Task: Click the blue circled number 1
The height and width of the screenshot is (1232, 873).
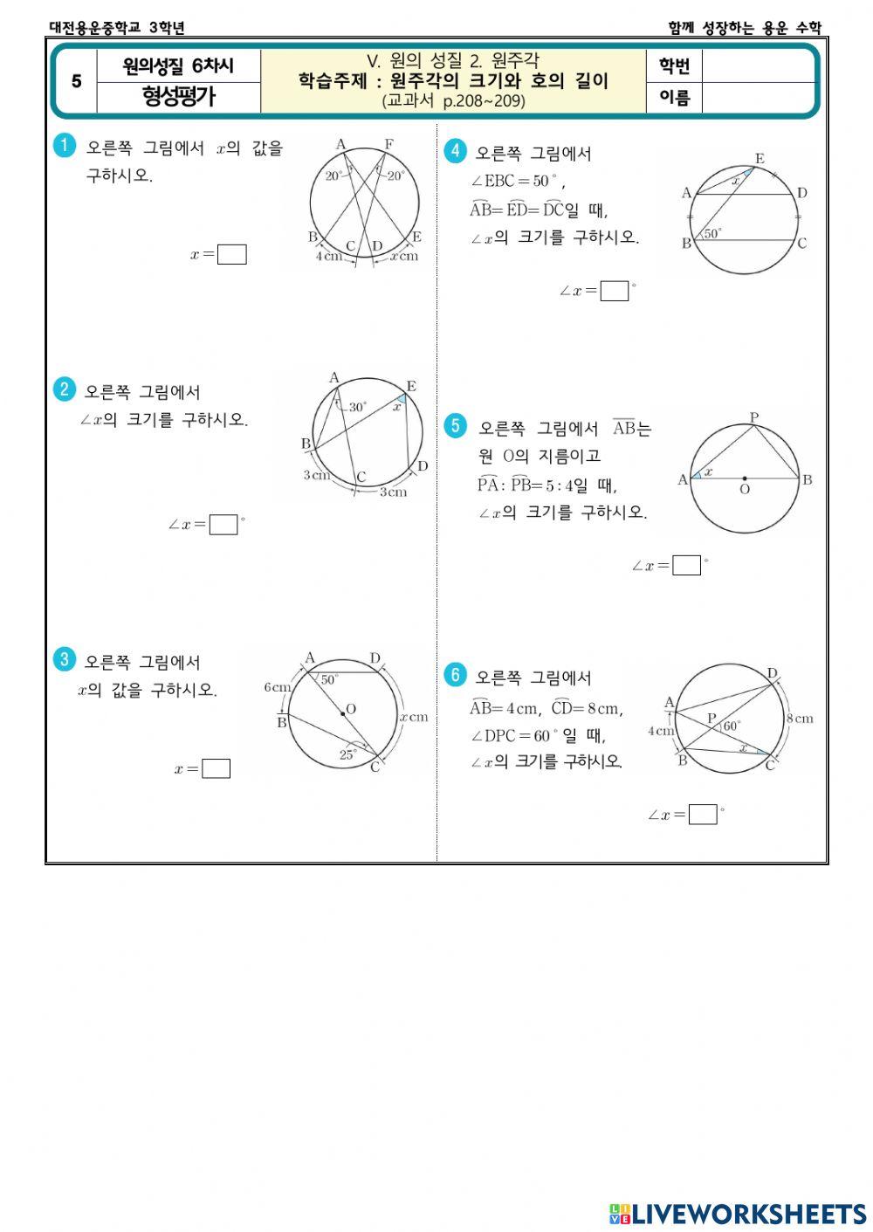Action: coord(64,146)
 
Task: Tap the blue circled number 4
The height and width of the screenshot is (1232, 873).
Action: coord(454,151)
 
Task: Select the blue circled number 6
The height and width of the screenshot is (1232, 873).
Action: coord(455,675)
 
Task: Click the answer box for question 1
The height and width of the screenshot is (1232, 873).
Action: coord(232,255)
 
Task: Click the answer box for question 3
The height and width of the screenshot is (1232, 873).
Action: coord(216,768)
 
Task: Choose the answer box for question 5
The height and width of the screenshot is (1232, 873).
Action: coord(687,566)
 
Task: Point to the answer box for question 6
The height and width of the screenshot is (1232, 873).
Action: coord(703,815)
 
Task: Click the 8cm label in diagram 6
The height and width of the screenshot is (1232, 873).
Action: coord(800,719)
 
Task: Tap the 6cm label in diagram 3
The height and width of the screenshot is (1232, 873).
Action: coord(277,687)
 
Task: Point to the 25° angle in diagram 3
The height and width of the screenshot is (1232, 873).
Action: coord(347,755)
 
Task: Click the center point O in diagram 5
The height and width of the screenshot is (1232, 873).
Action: coord(744,478)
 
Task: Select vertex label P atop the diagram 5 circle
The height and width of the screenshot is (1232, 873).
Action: coord(754,417)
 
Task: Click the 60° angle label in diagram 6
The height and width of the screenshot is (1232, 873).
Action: coord(732,725)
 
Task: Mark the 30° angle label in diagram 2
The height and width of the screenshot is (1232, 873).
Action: coord(358,407)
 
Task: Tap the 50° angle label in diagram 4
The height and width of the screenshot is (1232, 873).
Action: coord(713,233)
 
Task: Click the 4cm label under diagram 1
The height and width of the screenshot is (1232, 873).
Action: coord(328,257)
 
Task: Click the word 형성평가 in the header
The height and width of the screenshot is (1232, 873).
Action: coord(178,97)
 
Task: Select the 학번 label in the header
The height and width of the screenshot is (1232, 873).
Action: coord(674,66)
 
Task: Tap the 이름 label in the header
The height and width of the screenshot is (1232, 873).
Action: coord(674,98)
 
